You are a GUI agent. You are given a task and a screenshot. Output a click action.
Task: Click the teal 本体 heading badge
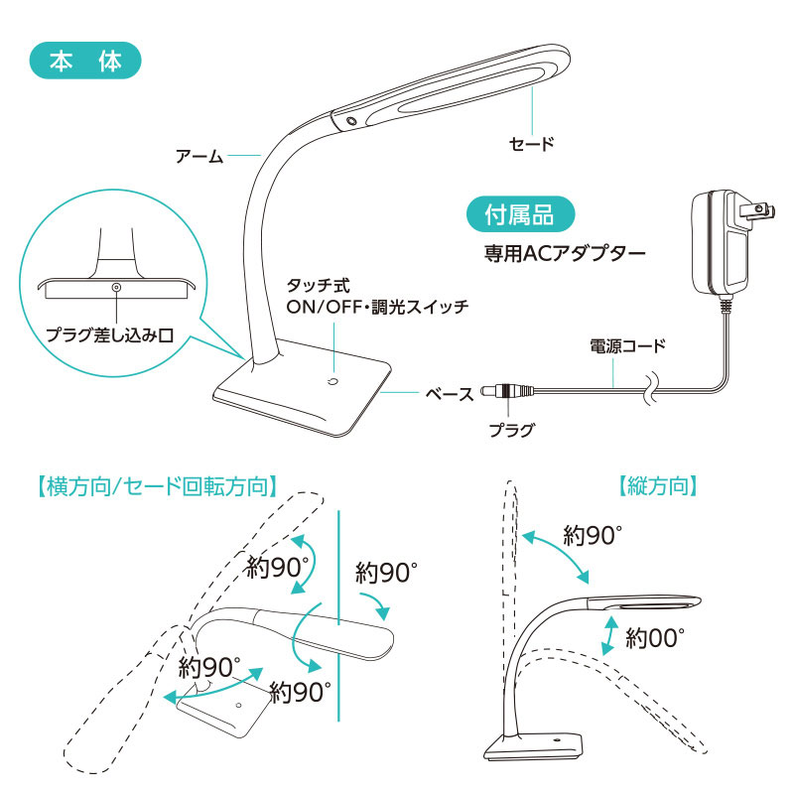click(x=85, y=61)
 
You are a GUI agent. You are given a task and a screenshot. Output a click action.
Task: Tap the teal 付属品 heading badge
click(x=520, y=214)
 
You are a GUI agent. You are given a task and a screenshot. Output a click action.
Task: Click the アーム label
click(x=199, y=156)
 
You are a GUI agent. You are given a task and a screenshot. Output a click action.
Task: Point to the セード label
click(x=532, y=144)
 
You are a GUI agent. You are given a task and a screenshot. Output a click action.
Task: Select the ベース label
click(x=450, y=393)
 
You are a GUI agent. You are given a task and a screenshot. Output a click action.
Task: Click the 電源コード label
click(x=627, y=345)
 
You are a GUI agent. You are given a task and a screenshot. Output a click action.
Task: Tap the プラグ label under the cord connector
click(x=511, y=430)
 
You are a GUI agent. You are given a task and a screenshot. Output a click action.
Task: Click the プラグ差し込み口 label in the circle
click(x=110, y=334)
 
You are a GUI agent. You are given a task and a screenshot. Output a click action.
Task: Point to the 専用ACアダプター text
click(x=565, y=253)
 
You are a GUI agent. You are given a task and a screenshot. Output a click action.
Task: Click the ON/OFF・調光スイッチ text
click(x=377, y=307)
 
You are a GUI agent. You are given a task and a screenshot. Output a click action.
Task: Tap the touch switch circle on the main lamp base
click(x=332, y=381)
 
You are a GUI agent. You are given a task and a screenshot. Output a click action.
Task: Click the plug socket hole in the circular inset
click(x=116, y=288)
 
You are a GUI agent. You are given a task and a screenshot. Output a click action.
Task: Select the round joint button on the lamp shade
click(x=351, y=121)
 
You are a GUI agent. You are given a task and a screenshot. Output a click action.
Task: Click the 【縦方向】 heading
click(x=657, y=485)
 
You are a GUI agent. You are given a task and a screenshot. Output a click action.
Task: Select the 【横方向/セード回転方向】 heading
click(x=158, y=486)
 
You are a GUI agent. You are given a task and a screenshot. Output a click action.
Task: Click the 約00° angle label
click(x=654, y=637)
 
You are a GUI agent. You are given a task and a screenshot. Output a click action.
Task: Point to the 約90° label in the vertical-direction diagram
click(x=592, y=535)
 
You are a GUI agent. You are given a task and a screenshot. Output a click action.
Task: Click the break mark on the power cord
click(x=650, y=389)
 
